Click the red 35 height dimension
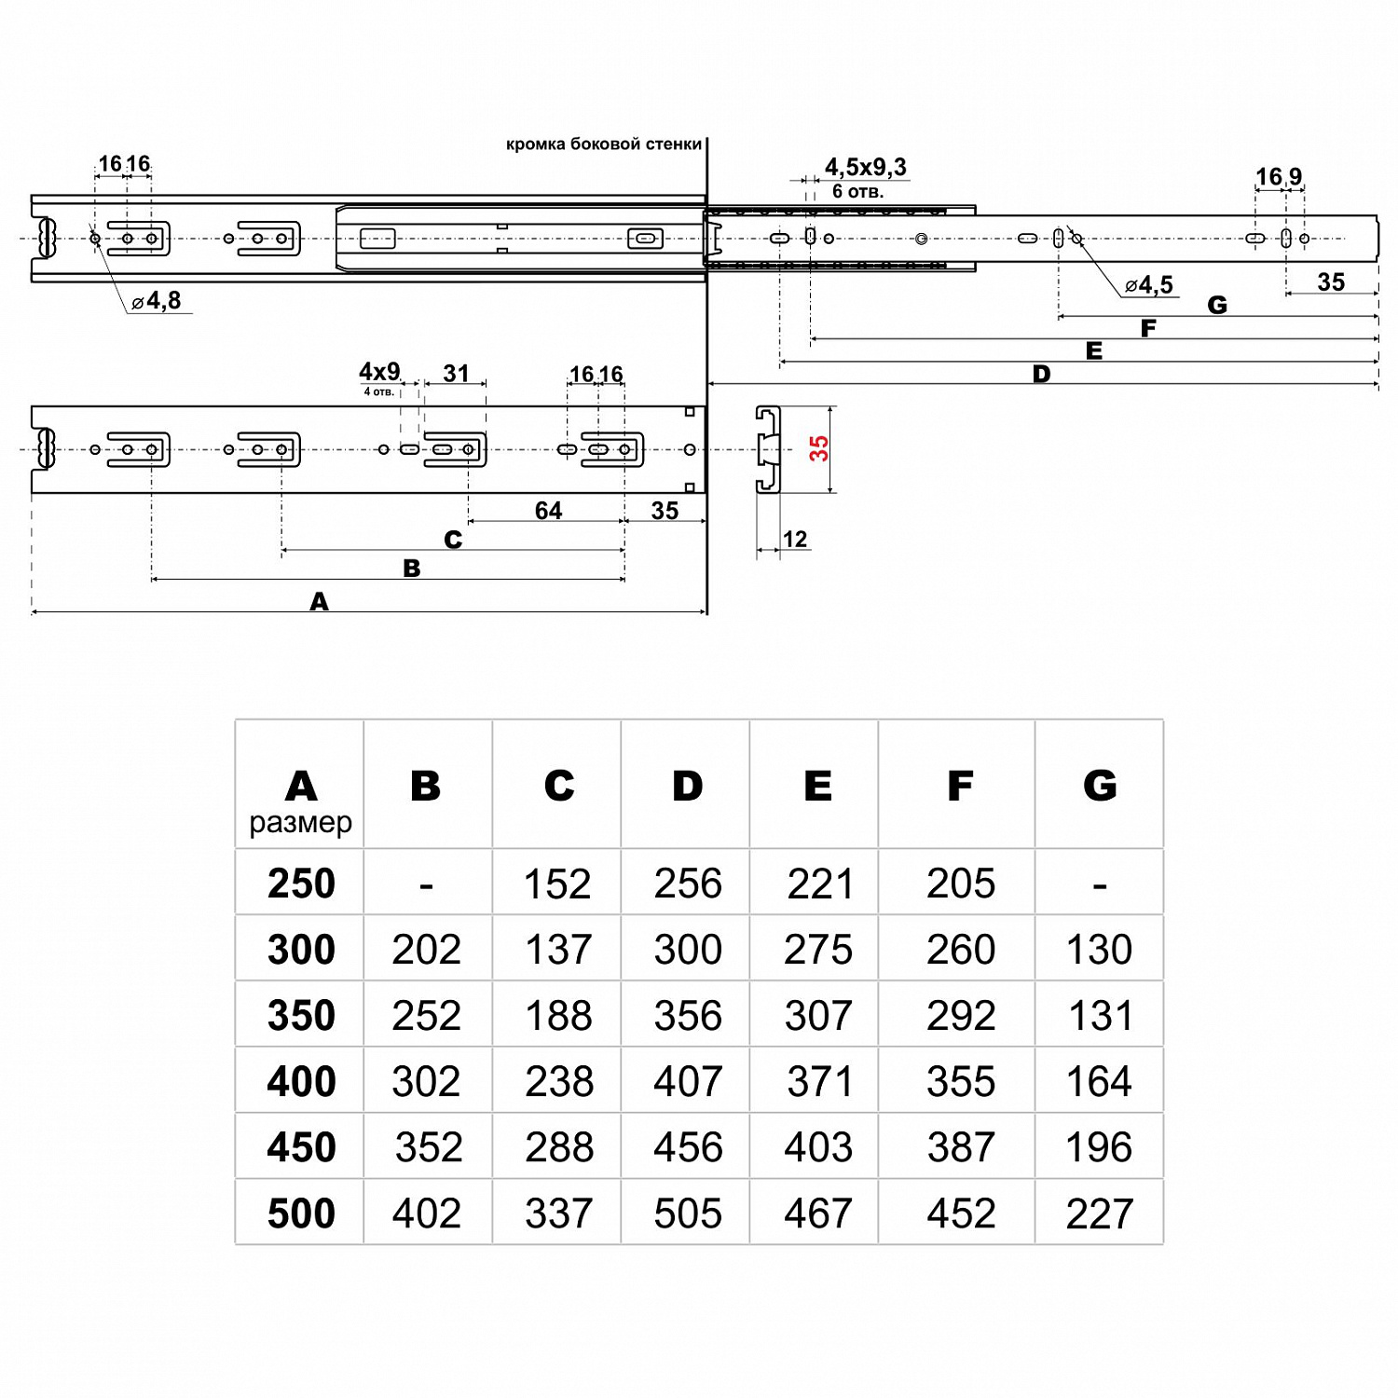818,448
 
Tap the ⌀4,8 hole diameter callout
158,301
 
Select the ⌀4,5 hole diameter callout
1149,285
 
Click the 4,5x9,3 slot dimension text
865,168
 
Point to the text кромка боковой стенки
603,144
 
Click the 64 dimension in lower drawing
548,511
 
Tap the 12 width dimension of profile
795,539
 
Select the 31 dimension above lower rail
456,374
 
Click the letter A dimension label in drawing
319,602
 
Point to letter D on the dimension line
1041,375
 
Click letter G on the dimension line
1216,306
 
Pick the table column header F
960,787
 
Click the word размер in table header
300,823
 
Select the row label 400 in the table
300,1081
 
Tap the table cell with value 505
688,1213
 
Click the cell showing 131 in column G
1100,1016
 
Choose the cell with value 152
557,884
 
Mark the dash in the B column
426,884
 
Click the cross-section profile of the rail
768,449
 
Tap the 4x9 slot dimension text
379,372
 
